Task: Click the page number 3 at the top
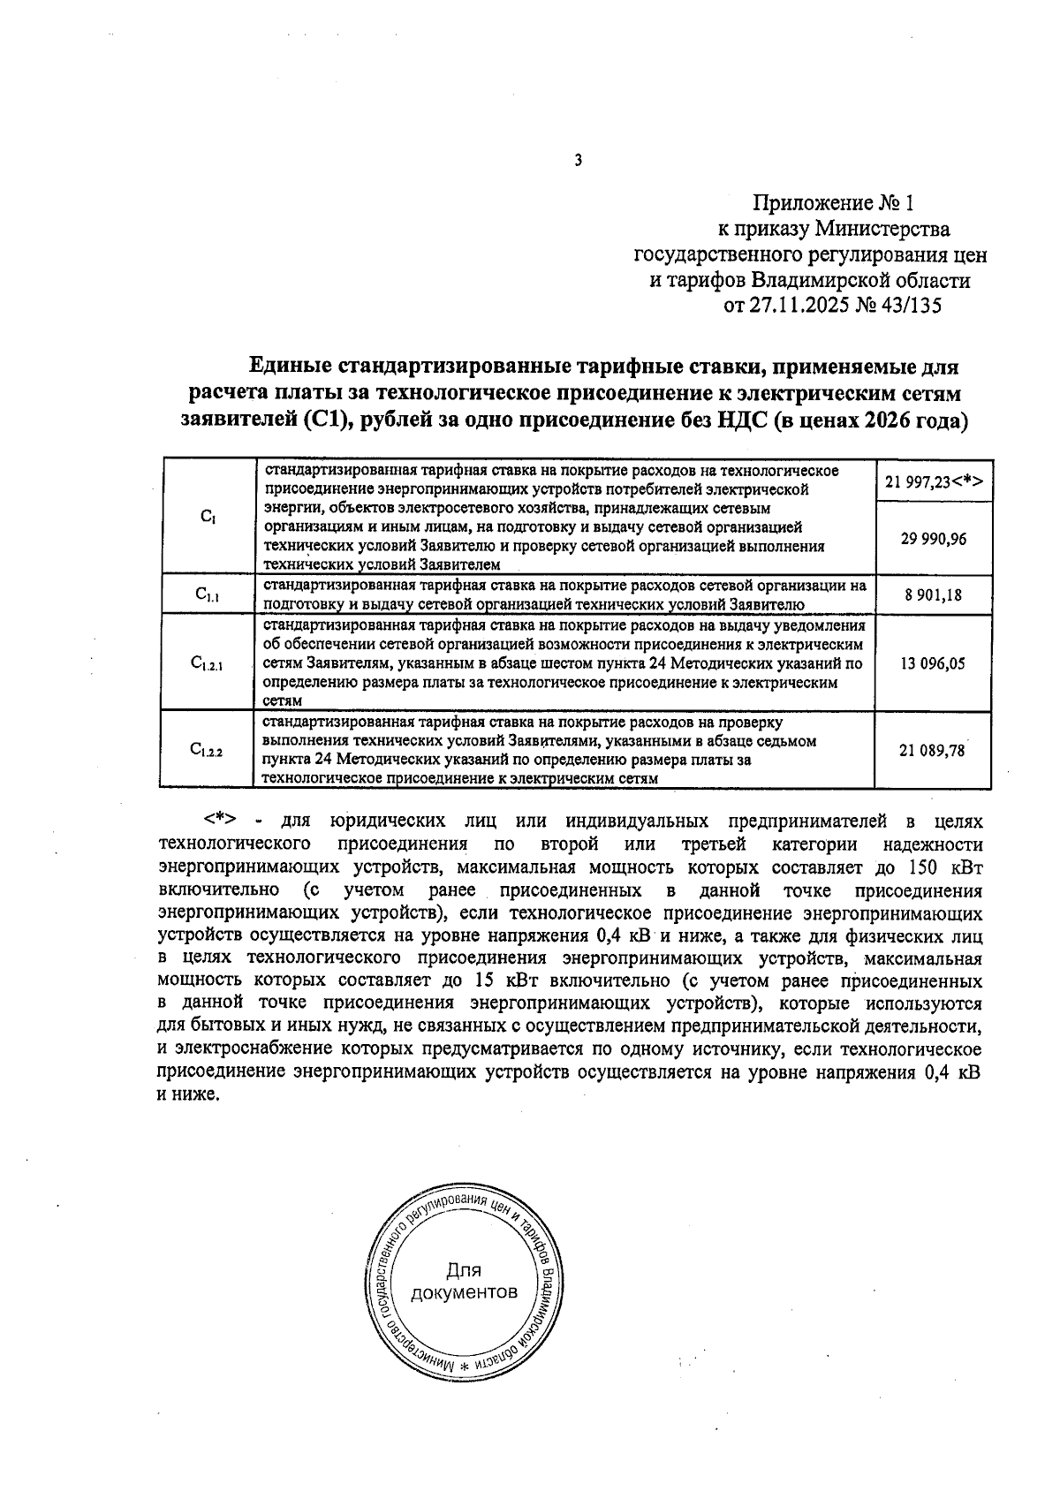(577, 161)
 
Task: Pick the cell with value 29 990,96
(933, 539)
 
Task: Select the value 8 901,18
(933, 595)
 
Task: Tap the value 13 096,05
(933, 663)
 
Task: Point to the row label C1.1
(208, 595)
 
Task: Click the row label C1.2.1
(208, 664)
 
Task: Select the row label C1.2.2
(208, 751)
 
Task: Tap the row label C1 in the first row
(207, 517)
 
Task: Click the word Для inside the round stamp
(463, 1270)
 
